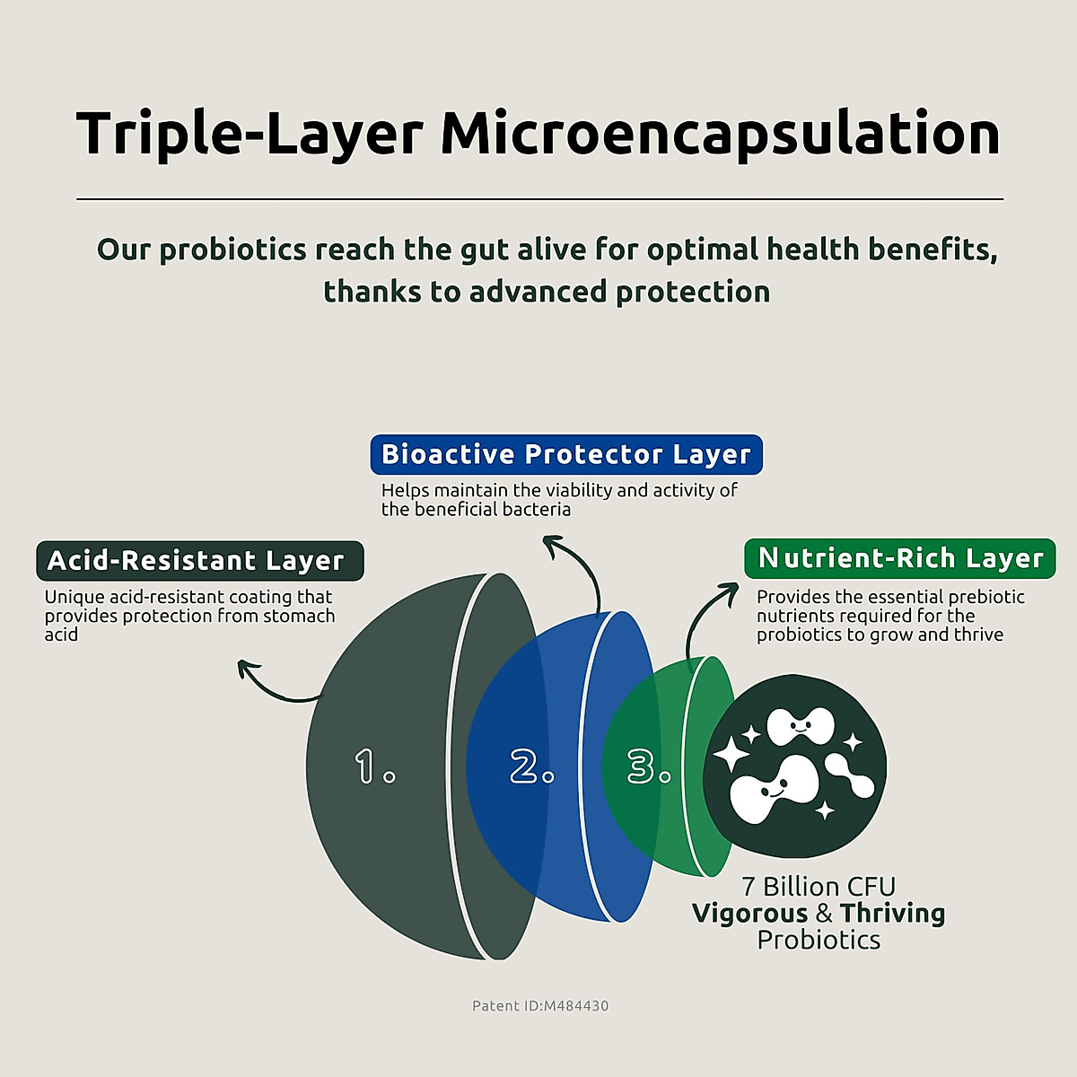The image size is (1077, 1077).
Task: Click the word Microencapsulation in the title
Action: coord(721,135)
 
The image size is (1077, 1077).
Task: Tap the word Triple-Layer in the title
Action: coord(250,135)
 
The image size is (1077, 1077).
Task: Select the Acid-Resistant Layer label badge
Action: coord(200,561)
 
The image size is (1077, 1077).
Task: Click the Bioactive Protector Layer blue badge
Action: coord(566,454)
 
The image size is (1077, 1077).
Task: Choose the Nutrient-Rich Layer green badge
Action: coord(900,558)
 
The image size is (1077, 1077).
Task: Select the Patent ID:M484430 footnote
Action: coord(540,1006)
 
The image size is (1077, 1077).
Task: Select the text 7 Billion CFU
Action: coord(819,887)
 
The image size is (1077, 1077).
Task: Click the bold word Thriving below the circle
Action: coord(892,915)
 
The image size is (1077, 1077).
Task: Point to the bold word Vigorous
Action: coord(750,915)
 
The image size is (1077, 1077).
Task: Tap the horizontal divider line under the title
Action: coord(540,198)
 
